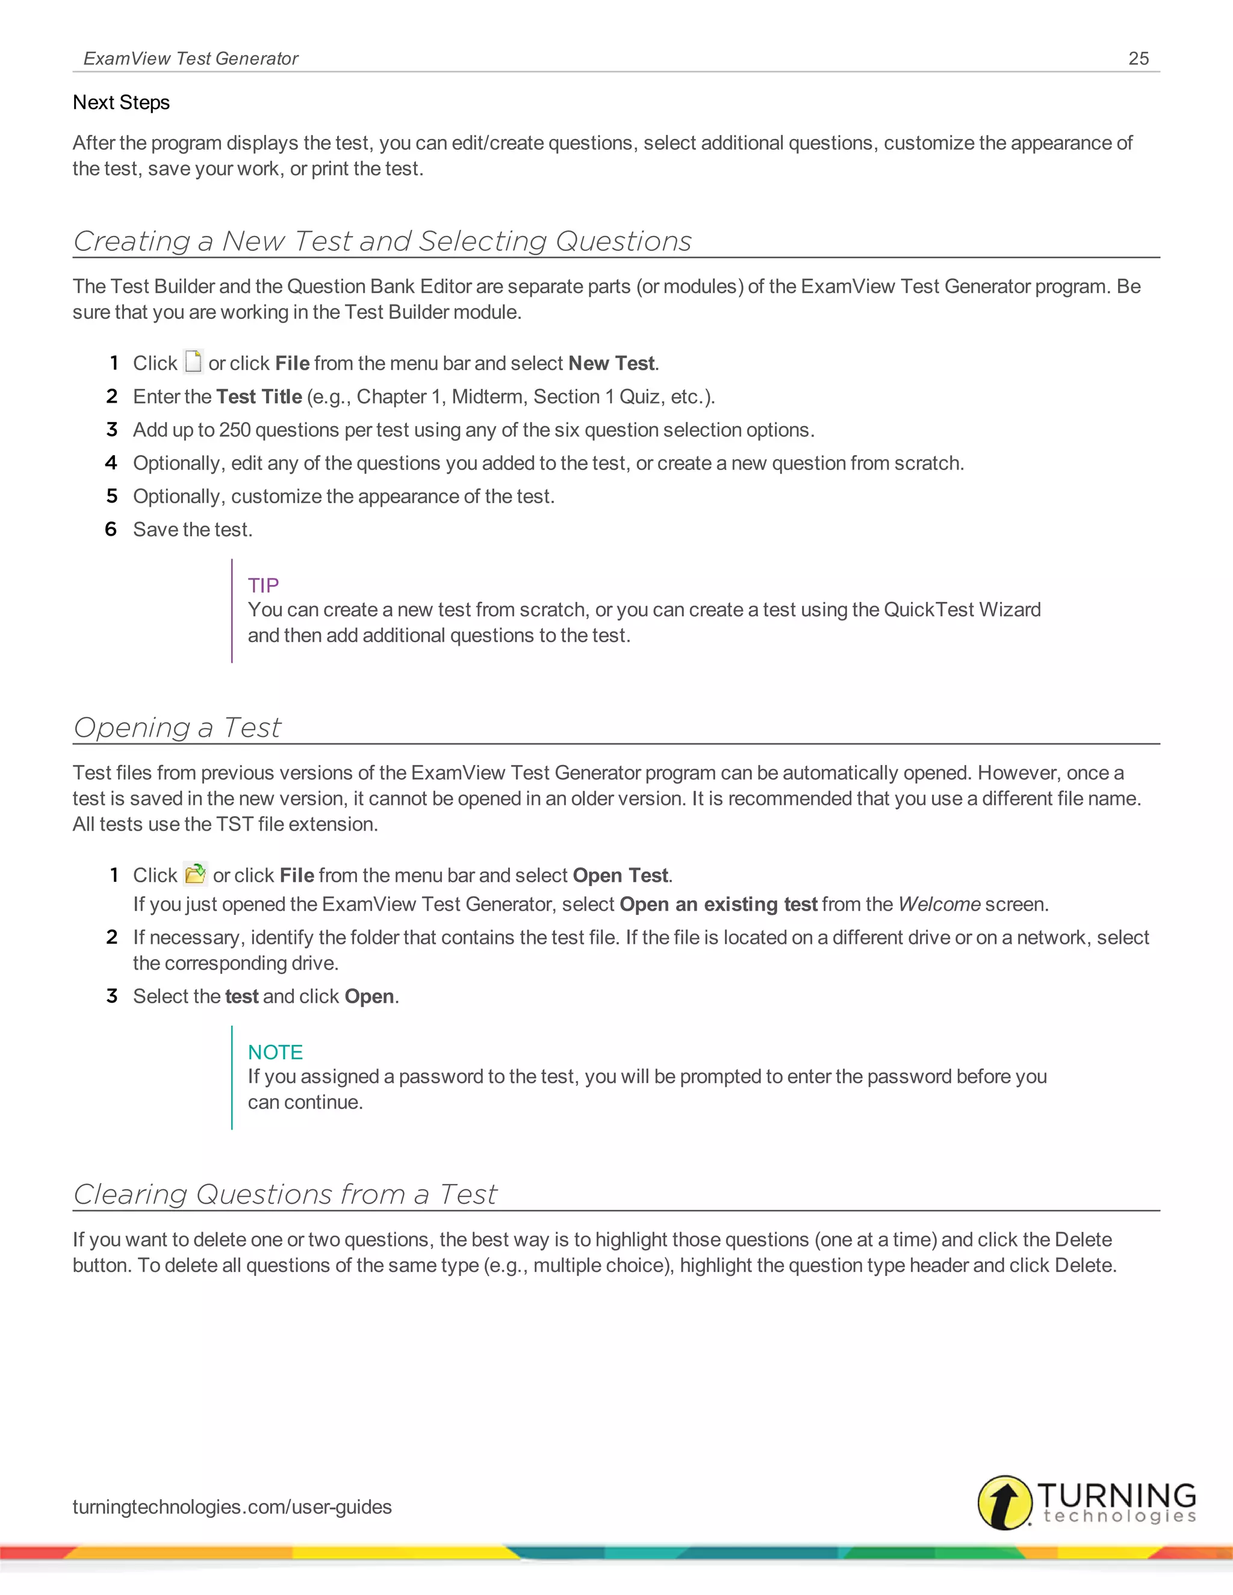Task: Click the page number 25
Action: coord(1138,58)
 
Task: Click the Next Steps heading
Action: coord(121,102)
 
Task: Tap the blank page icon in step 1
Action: coord(193,362)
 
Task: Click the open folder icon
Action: coord(195,873)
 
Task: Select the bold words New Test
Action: coord(612,363)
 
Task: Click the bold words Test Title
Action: coord(258,397)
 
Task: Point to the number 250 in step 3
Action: coord(234,430)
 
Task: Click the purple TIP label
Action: coord(263,585)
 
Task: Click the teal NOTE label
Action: coord(275,1051)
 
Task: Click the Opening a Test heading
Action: coord(177,728)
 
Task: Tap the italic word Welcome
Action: coord(939,904)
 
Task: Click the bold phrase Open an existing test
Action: coord(718,904)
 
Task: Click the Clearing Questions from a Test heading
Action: coord(285,1194)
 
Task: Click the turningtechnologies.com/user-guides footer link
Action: coord(232,1507)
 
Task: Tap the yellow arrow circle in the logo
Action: coord(1005,1502)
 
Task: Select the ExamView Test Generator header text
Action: coord(191,58)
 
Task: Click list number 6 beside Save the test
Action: coord(111,530)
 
